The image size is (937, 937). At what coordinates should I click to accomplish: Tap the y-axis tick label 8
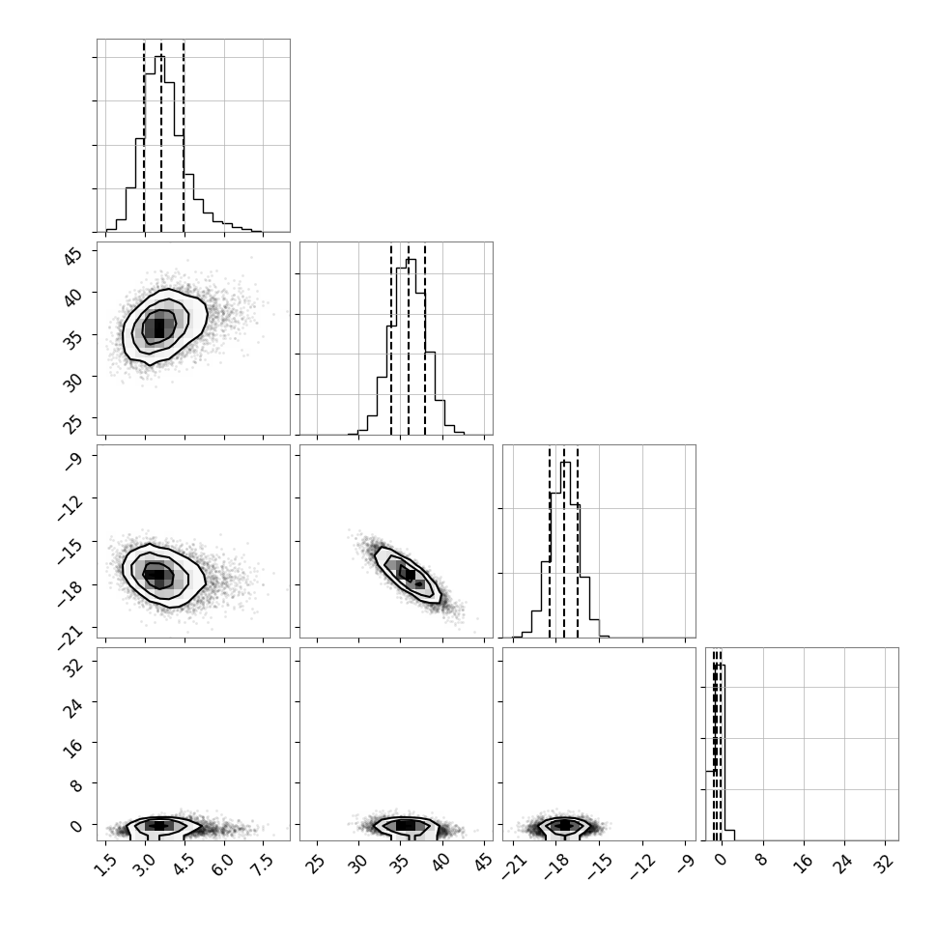coord(77,784)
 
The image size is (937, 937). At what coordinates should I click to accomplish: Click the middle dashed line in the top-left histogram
coord(160,135)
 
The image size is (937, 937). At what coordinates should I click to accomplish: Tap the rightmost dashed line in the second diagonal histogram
coord(425,339)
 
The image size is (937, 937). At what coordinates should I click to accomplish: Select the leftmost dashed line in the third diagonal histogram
coord(550,541)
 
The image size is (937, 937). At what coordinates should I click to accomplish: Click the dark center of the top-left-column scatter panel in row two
coord(158,327)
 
